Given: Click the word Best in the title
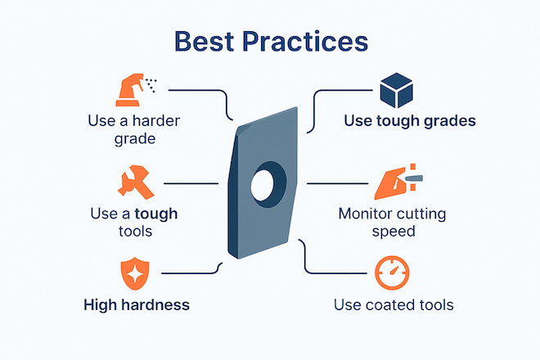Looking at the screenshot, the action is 205,42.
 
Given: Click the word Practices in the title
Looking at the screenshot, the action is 305,42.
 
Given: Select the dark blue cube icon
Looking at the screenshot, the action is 396,90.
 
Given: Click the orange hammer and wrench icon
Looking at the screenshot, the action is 136,182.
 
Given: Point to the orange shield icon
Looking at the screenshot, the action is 135,273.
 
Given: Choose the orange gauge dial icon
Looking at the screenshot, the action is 392,272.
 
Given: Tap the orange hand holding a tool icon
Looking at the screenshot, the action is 398,182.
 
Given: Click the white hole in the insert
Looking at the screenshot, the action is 263,185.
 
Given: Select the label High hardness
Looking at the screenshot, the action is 137,305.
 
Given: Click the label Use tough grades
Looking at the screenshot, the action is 410,121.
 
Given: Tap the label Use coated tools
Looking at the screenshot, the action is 394,305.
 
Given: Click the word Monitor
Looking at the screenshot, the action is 363,214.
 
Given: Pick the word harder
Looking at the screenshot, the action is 156,121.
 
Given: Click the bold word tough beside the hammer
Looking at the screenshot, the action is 156,214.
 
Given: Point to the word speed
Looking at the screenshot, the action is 394,232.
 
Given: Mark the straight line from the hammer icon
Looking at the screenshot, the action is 191,183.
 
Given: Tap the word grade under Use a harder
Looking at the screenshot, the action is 135,139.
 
